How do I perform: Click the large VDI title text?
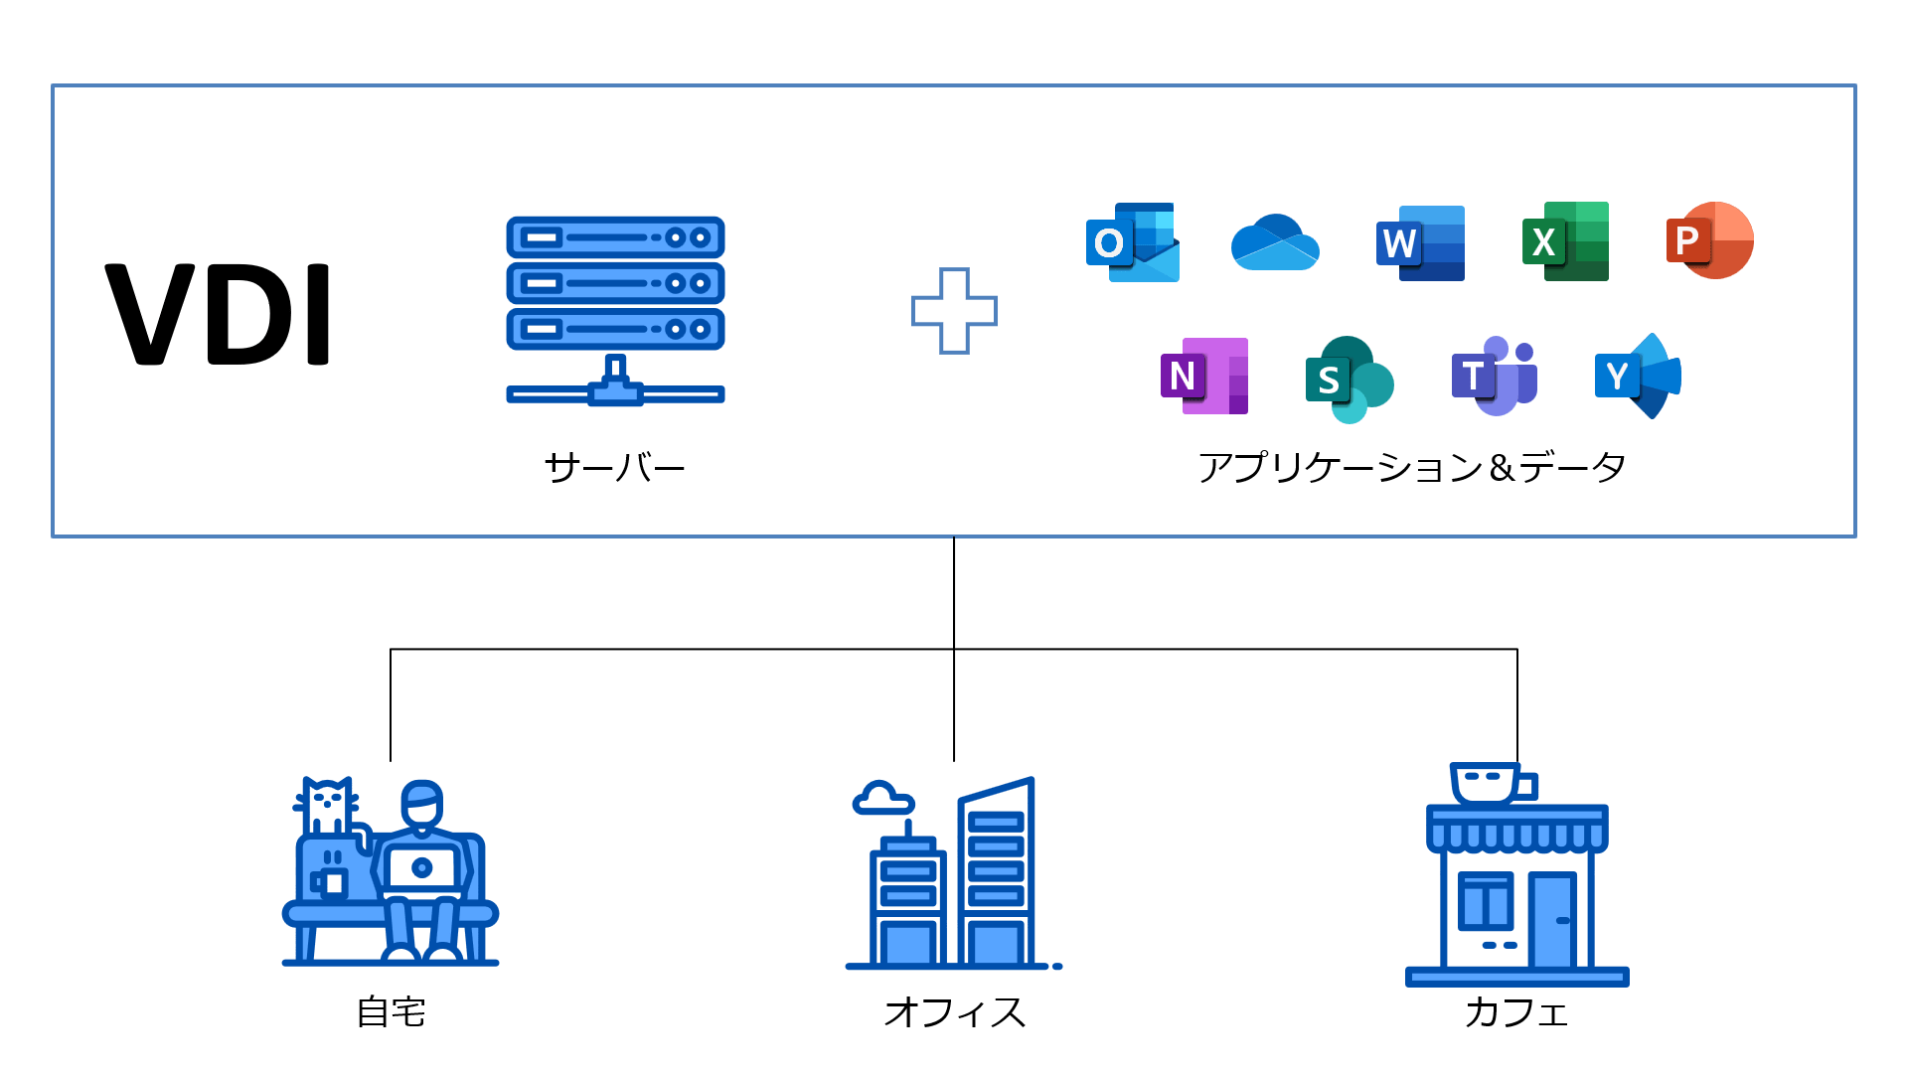pos(218,314)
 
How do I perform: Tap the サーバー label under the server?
pos(614,467)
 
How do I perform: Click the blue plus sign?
pos(954,311)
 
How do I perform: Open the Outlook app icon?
pos(1132,242)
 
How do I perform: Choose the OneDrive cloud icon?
pos(1275,242)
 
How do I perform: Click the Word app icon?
pos(1420,242)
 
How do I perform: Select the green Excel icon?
pos(1565,241)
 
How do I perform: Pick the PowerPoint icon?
pos(1709,240)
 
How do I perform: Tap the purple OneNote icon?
pos(1203,377)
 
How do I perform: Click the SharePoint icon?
pos(1349,379)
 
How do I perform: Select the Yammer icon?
pos(1638,376)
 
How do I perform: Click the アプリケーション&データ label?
pos(1411,467)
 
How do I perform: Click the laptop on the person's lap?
pos(422,868)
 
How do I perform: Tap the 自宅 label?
pos(391,1012)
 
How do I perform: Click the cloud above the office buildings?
pos(881,799)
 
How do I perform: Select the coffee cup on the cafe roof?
pos(1488,783)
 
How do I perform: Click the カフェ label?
pos(1516,1012)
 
